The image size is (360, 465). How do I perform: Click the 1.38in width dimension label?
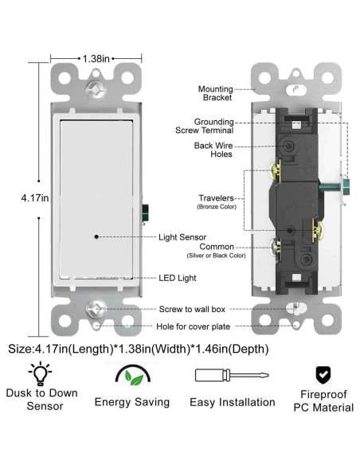click(96, 58)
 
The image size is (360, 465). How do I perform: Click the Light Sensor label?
click(182, 236)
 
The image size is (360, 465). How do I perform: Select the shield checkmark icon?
click(323, 373)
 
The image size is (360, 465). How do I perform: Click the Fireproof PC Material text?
click(323, 400)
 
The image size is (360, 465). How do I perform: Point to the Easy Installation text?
click(232, 402)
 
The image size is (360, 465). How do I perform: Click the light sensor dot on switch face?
click(96, 236)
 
